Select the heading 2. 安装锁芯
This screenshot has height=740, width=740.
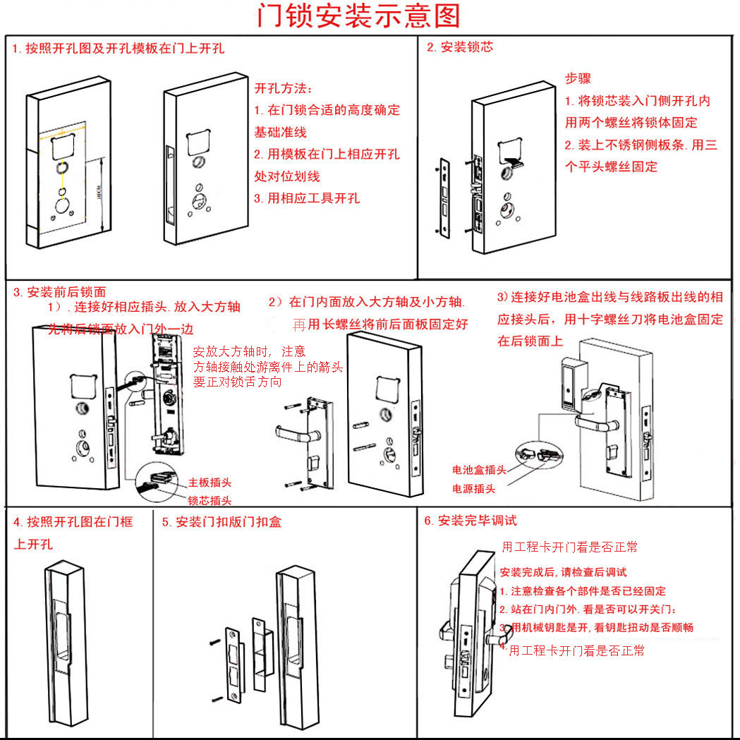pos(460,48)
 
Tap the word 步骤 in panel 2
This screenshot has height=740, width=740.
pos(578,78)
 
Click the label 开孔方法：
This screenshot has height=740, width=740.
pos(283,89)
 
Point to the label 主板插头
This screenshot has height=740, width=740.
pos(210,483)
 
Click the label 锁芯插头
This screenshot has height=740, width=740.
pos(210,501)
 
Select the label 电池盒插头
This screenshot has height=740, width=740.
pos(479,471)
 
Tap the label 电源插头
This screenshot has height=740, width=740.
pos(473,489)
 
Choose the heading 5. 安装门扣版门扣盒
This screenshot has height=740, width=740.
pos(222,522)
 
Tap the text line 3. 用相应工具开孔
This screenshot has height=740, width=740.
pos(307,198)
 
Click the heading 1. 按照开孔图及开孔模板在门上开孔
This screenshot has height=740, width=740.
pos(118,49)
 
